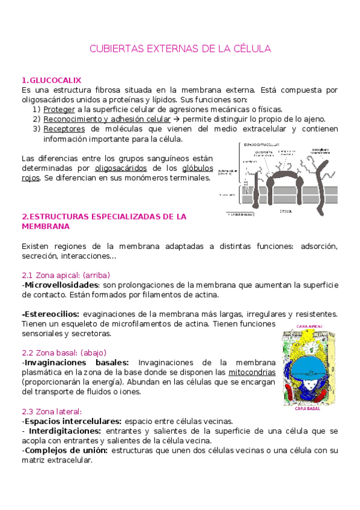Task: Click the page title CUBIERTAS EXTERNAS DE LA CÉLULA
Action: (x=180, y=48)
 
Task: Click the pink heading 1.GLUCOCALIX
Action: (x=51, y=80)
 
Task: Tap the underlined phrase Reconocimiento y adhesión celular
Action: (x=107, y=119)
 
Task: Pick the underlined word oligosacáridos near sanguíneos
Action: (x=119, y=168)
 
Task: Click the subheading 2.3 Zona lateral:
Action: (x=51, y=411)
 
